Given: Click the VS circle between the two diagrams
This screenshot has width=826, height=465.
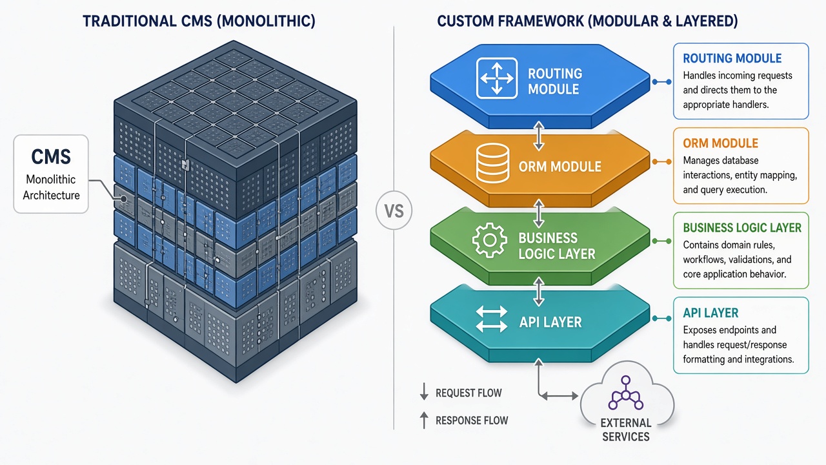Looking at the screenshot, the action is tap(394, 211).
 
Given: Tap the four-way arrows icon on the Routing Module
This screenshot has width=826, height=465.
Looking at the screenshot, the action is tap(497, 78).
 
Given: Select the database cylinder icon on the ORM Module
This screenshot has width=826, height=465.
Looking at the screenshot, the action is tap(492, 163).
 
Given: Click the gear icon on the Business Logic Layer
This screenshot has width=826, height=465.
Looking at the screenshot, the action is tap(489, 240).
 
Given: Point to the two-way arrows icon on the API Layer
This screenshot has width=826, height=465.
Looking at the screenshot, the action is tap(492, 319).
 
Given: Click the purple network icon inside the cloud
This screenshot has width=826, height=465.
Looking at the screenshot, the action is tap(626, 393).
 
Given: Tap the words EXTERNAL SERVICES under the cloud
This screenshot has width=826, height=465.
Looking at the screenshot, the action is tap(626, 429).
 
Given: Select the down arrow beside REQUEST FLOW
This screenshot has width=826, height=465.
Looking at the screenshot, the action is tap(424, 391).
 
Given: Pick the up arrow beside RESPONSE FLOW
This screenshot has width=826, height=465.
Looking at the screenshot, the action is tap(424, 420).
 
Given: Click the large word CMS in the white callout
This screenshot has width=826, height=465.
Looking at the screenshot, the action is tap(51, 156).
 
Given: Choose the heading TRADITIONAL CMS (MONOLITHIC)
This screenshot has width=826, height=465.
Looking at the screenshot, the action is tap(199, 21).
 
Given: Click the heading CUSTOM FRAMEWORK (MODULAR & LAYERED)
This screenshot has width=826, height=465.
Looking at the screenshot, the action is tap(587, 21).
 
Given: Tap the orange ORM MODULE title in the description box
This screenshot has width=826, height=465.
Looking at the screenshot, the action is tap(720, 143).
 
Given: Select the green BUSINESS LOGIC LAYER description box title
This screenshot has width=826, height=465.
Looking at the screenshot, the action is tap(742, 228).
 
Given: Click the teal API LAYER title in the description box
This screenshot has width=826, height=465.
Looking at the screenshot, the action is tap(710, 313).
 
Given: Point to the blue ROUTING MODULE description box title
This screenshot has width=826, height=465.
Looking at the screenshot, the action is tap(732, 58).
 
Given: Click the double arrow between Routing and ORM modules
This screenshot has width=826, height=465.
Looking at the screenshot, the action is tap(539, 136).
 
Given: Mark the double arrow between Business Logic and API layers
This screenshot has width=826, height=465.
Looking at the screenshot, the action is tap(539, 292).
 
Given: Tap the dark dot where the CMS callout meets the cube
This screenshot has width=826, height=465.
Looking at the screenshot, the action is tap(123, 200).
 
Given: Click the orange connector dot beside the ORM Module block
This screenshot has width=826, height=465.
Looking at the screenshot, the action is tap(655, 161).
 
